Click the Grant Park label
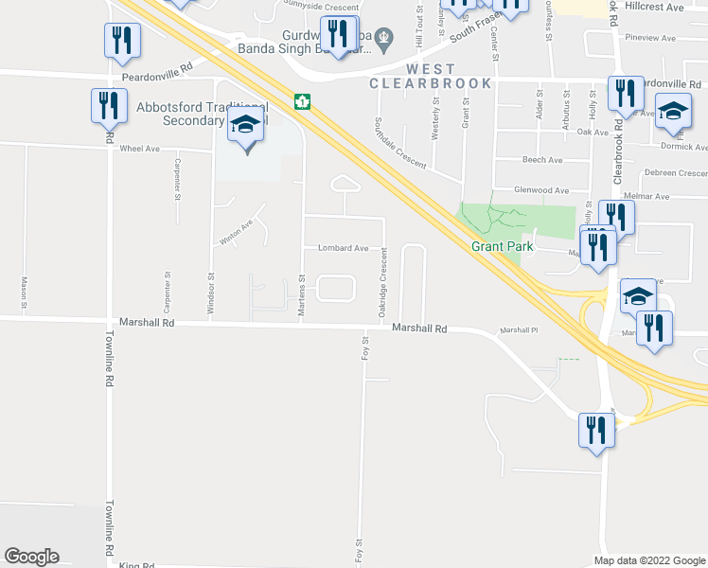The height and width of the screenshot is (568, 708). (503, 247)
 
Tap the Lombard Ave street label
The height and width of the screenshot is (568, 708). (342, 248)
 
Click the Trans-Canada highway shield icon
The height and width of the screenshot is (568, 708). (302, 101)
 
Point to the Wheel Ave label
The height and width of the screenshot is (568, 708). (138, 149)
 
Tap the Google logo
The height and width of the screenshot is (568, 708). (31, 557)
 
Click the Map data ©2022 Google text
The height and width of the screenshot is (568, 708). (649, 560)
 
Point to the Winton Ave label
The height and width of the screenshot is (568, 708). (237, 232)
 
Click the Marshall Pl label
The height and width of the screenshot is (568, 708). (519, 330)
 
